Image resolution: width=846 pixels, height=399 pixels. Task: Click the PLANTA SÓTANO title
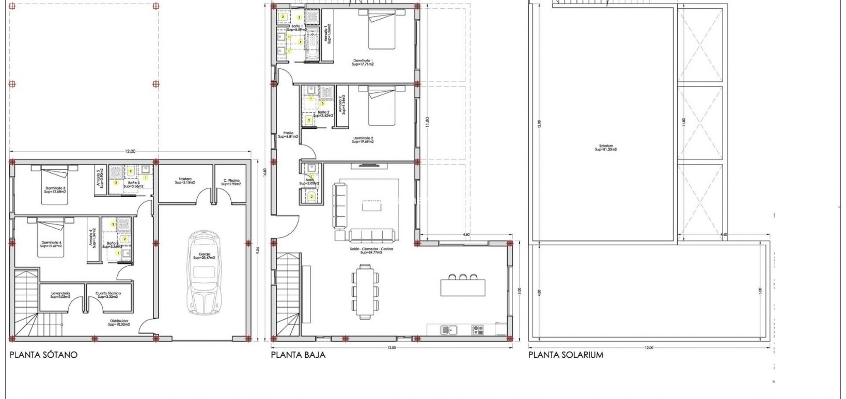[43, 355]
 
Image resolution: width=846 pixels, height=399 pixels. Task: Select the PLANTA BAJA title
[298, 355]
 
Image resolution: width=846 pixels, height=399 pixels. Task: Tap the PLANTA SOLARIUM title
[566, 355]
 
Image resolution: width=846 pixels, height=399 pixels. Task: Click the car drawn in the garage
[204, 274]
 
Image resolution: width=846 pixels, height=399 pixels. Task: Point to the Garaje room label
[204, 257]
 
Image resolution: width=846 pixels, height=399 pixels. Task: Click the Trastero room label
[183, 181]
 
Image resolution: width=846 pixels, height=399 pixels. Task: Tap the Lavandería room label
[60, 295]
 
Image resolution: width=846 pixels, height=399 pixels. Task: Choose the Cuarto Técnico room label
[108, 295]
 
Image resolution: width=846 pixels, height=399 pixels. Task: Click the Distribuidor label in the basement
[118, 323]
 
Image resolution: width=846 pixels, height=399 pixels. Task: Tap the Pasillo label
[288, 135]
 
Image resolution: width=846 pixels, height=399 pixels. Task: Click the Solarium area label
[605, 148]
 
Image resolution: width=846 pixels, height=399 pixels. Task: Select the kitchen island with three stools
[463, 288]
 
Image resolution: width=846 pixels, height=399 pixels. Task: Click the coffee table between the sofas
[371, 205]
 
